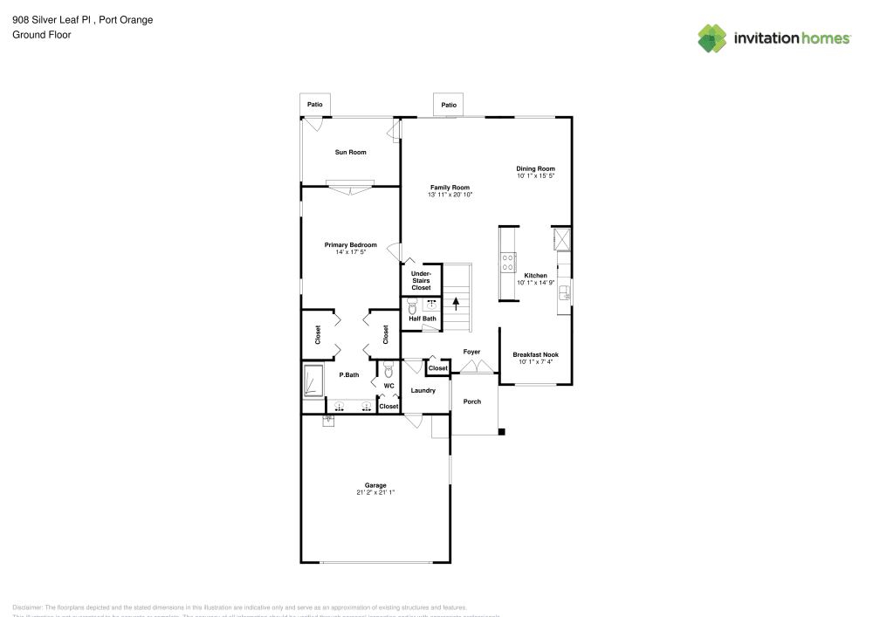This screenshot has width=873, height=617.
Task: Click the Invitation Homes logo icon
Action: (x=711, y=38)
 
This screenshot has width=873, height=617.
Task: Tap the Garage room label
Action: (x=375, y=485)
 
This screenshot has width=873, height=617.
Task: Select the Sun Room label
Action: (x=351, y=152)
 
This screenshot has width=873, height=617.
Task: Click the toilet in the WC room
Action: (x=388, y=370)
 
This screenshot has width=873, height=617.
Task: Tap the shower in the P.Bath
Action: (x=313, y=381)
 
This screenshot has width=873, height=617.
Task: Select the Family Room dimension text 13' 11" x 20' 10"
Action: (x=450, y=195)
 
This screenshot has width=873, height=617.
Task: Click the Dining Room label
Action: (x=535, y=168)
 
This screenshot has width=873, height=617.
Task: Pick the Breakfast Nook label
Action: (x=535, y=354)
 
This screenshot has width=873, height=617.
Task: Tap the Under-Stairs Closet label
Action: (x=421, y=280)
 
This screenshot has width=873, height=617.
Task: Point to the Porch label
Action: (x=471, y=401)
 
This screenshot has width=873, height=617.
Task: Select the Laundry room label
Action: (x=423, y=390)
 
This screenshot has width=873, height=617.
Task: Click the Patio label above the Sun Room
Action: (x=314, y=105)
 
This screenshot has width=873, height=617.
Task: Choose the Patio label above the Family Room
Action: (x=449, y=105)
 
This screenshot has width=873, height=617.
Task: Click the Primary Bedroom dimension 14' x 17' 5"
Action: (x=350, y=252)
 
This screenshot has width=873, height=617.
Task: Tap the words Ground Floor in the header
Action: (x=42, y=35)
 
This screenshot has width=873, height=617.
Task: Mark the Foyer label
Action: (x=471, y=352)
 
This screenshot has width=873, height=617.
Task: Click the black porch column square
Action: (x=501, y=431)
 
